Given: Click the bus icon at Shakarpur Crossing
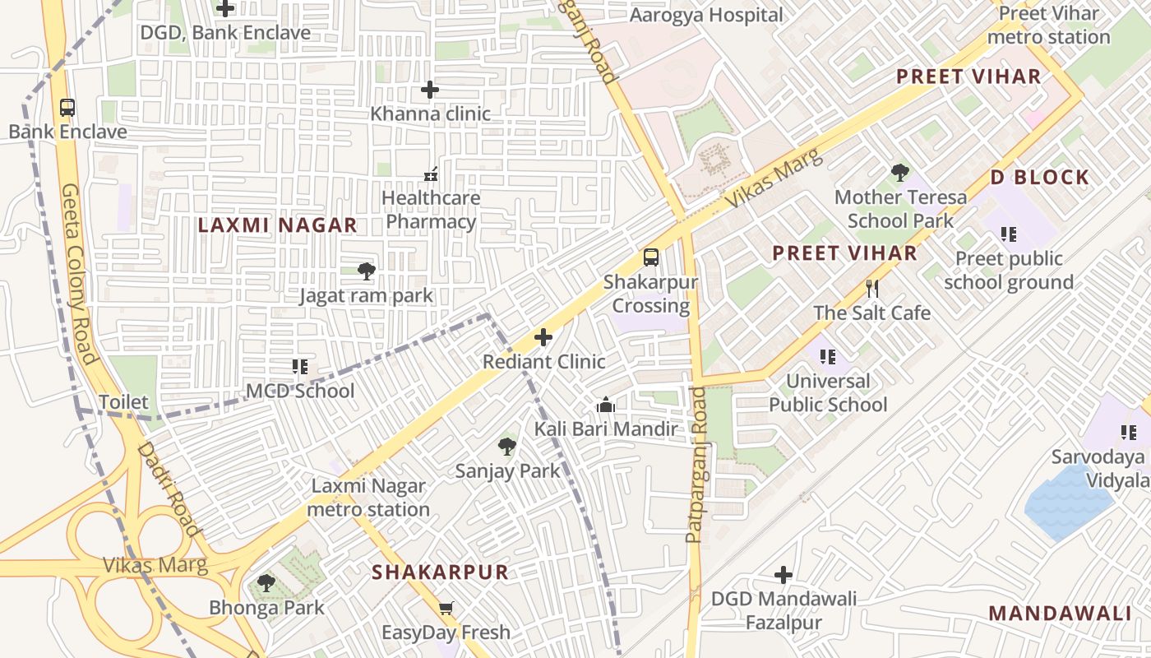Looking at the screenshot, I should [650, 257].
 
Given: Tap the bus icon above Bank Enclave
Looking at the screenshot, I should [67, 108].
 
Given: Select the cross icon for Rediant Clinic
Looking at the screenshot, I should [543, 337].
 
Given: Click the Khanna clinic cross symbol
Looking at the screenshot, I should [429, 90].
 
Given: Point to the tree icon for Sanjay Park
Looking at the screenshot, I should [507, 447].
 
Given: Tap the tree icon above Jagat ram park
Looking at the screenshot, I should [366, 271].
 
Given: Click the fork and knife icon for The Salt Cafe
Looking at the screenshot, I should [872, 289].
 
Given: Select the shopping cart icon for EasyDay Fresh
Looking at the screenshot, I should [446, 609].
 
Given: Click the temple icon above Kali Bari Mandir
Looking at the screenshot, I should [606, 405].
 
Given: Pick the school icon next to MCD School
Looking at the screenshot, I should [300, 367].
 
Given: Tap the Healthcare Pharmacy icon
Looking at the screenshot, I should [430, 174].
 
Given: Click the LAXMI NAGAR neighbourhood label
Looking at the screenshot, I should [277, 225].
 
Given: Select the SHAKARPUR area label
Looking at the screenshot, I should [440, 572].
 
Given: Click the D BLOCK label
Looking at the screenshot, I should [1039, 178].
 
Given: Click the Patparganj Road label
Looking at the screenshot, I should [696, 465].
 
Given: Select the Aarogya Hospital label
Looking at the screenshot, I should [706, 16].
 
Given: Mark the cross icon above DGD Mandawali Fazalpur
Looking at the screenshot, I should [784, 574].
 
